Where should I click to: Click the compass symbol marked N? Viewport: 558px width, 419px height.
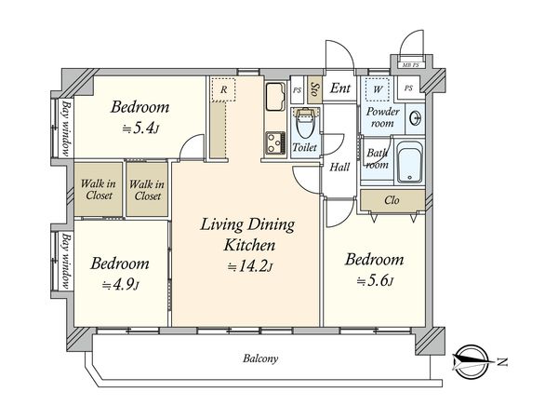472,361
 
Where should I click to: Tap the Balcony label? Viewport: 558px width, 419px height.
260,358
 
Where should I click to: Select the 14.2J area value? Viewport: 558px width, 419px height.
250,267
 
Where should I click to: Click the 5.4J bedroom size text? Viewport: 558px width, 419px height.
140,128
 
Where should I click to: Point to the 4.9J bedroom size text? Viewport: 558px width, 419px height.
120,285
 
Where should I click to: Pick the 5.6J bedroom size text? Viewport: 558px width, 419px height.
375,281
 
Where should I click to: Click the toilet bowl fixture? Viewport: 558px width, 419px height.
305,123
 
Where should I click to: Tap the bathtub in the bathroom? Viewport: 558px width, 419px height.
410,162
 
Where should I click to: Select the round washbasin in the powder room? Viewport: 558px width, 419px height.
416,118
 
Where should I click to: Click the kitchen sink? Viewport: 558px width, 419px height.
275,97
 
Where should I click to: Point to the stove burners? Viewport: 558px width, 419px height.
275,143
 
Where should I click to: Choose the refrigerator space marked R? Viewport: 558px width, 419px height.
223,89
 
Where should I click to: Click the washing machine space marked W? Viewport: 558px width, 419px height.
378,89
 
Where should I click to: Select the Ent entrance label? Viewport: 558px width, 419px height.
339,88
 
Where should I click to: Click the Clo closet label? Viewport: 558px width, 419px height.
392,200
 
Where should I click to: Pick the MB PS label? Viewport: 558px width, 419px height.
410,65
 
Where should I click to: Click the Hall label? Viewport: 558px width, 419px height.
339,167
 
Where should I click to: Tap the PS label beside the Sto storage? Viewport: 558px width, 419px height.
297,90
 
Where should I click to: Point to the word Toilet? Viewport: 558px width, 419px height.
305,147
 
